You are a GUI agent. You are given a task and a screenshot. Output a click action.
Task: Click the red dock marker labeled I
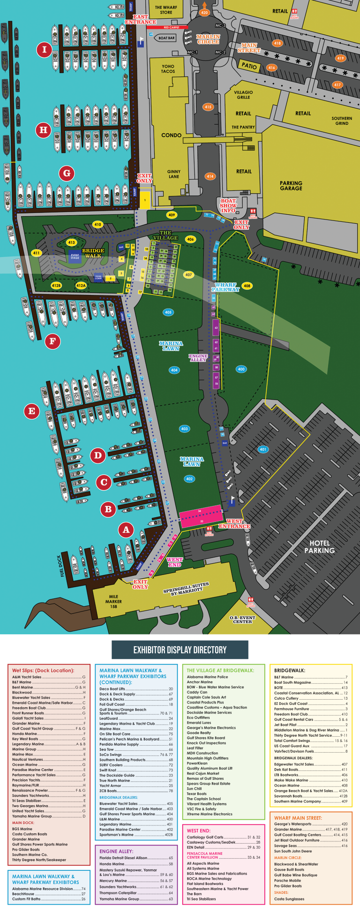(x=45, y=49)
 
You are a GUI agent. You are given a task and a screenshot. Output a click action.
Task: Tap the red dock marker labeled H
(x=44, y=129)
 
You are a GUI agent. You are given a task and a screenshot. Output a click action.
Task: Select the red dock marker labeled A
(x=126, y=530)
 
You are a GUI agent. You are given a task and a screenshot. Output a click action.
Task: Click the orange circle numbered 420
(x=204, y=13)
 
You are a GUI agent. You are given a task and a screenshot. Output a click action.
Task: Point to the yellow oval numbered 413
(x=71, y=243)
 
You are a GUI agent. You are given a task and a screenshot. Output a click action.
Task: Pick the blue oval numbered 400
(x=241, y=369)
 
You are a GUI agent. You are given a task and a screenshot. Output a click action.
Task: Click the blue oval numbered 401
(x=263, y=449)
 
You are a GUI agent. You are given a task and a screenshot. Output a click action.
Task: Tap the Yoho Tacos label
(x=168, y=69)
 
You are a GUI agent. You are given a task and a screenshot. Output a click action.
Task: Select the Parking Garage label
(x=291, y=186)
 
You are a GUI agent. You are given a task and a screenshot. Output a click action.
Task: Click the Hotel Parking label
(x=320, y=547)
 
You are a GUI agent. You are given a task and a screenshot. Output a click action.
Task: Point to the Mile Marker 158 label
(x=113, y=602)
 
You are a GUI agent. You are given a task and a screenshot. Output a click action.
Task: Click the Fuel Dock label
(x=60, y=566)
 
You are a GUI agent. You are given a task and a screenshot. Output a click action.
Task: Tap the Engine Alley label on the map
(x=198, y=358)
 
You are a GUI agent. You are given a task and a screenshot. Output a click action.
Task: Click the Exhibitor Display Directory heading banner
(x=180, y=650)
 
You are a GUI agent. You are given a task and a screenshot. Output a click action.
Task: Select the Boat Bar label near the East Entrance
(x=166, y=38)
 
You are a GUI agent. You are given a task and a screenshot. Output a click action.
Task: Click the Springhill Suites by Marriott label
(x=186, y=589)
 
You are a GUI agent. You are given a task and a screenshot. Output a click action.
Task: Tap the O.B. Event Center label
(x=242, y=619)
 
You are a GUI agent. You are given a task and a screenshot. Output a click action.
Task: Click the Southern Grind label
(x=342, y=121)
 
